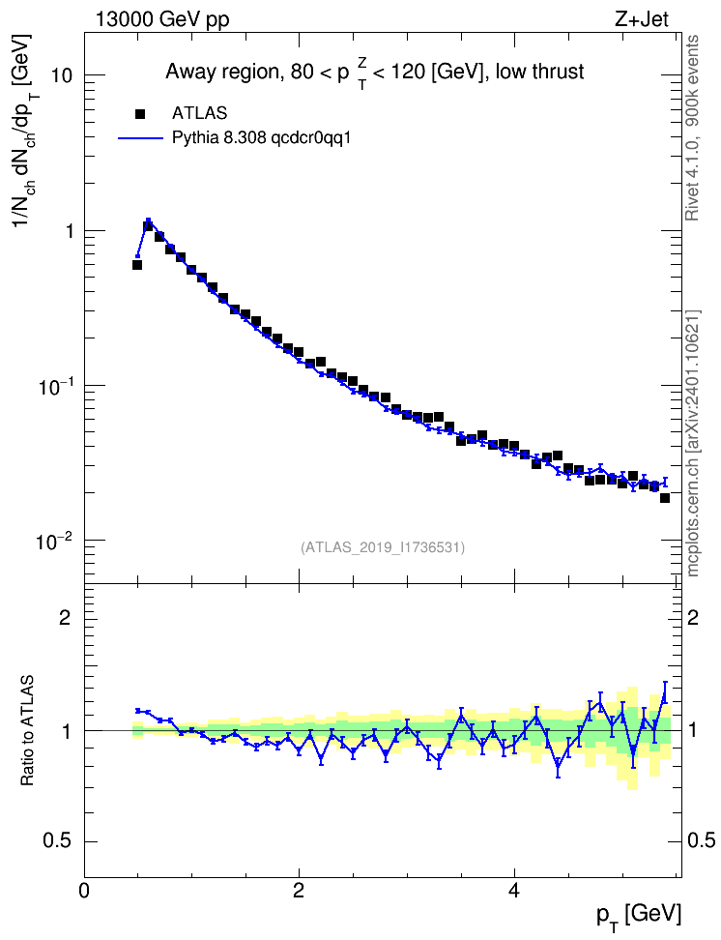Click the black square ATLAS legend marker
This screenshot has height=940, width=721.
(140, 113)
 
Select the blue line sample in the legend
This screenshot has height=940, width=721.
(140, 138)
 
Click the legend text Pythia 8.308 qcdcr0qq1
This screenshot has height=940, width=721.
(261, 138)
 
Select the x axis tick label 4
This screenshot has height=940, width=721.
(513, 891)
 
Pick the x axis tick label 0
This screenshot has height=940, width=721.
(84, 891)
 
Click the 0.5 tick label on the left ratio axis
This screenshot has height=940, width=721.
(58, 841)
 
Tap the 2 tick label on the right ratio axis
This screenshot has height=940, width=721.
(693, 617)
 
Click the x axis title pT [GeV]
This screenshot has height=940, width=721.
(639, 916)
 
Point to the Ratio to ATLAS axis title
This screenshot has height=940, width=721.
(27, 731)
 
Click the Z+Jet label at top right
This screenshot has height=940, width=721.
(642, 19)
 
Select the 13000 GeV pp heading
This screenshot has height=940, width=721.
(161, 19)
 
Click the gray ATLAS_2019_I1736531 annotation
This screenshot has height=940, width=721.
(383, 547)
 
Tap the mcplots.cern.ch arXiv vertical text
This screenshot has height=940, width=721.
(693, 443)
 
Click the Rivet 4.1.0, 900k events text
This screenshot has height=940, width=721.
(693, 128)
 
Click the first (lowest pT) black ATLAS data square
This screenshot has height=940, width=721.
(137, 264)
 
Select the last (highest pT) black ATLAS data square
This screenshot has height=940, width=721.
(665, 498)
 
